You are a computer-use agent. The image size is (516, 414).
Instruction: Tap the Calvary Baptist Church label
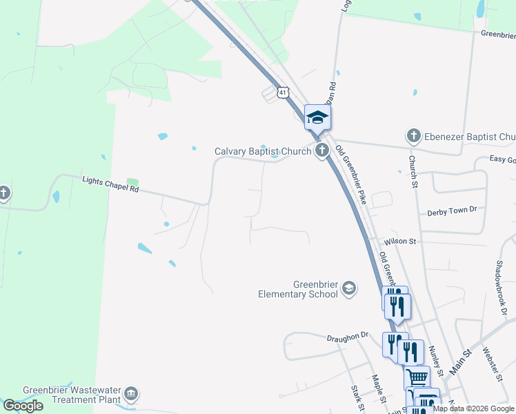pyautogui.click(x=263, y=151)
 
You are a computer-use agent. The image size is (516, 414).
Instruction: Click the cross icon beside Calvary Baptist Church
pyautogui.click(x=321, y=150)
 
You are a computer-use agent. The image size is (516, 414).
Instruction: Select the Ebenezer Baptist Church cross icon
pyautogui.click(x=413, y=136)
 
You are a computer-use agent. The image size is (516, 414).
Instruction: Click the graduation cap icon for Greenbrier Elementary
pyautogui.click(x=349, y=288)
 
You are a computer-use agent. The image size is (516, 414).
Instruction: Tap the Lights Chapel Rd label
pyautogui.click(x=110, y=184)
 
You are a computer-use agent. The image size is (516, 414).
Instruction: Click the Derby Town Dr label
pyautogui.click(x=452, y=210)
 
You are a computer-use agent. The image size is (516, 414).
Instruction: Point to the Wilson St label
pyautogui.click(x=401, y=241)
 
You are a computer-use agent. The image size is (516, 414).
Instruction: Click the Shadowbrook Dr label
pyautogui.click(x=501, y=283)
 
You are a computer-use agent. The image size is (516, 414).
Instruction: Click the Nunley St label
pyautogui.click(x=436, y=362)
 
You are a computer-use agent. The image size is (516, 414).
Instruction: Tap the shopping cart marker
pyautogui.click(x=417, y=377)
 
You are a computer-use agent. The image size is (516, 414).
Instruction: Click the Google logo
pyautogui.click(x=23, y=406)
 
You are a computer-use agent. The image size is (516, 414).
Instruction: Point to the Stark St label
pyautogui.click(x=357, y=399)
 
